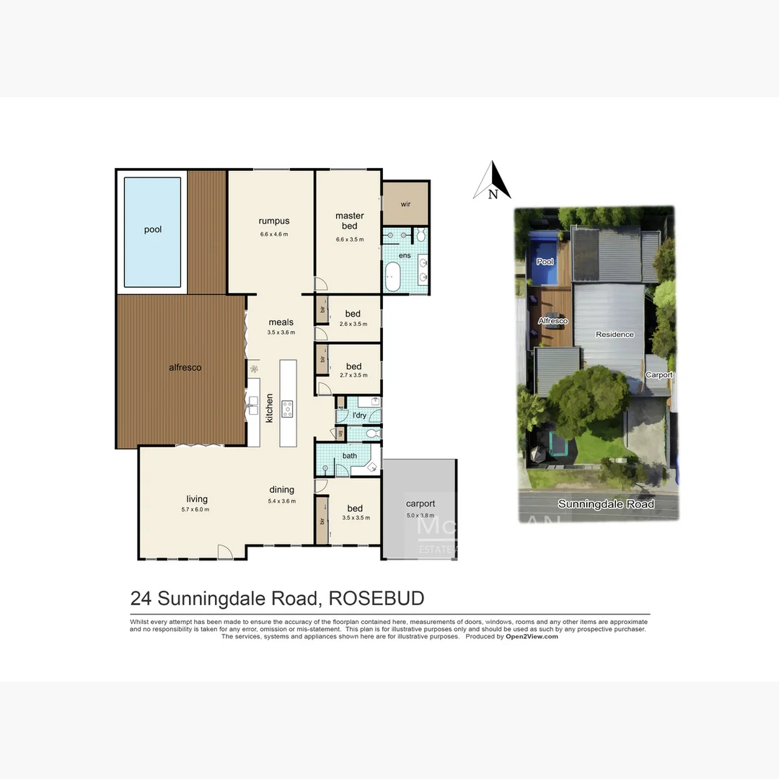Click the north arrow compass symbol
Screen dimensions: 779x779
493,182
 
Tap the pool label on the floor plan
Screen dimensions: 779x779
152,230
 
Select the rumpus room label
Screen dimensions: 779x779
273,221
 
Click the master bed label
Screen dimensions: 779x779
349,221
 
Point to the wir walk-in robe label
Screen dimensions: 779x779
405,204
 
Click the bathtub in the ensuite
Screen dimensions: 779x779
393,277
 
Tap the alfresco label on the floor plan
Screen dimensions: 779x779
185,368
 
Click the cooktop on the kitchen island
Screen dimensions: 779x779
287,408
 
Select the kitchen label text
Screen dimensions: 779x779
270,408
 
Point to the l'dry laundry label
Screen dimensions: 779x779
359,415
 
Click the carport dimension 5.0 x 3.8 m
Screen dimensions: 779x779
420,516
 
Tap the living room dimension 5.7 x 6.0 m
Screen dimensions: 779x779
196,510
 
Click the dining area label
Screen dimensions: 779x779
281,489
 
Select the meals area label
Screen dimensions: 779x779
281,322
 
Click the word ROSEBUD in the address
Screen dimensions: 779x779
376,599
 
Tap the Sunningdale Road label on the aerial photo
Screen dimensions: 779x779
606,504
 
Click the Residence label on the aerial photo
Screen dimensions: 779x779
615,335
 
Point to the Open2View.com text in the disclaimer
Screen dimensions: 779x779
531,637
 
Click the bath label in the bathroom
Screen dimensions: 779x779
349,456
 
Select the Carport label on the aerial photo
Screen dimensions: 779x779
659,375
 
